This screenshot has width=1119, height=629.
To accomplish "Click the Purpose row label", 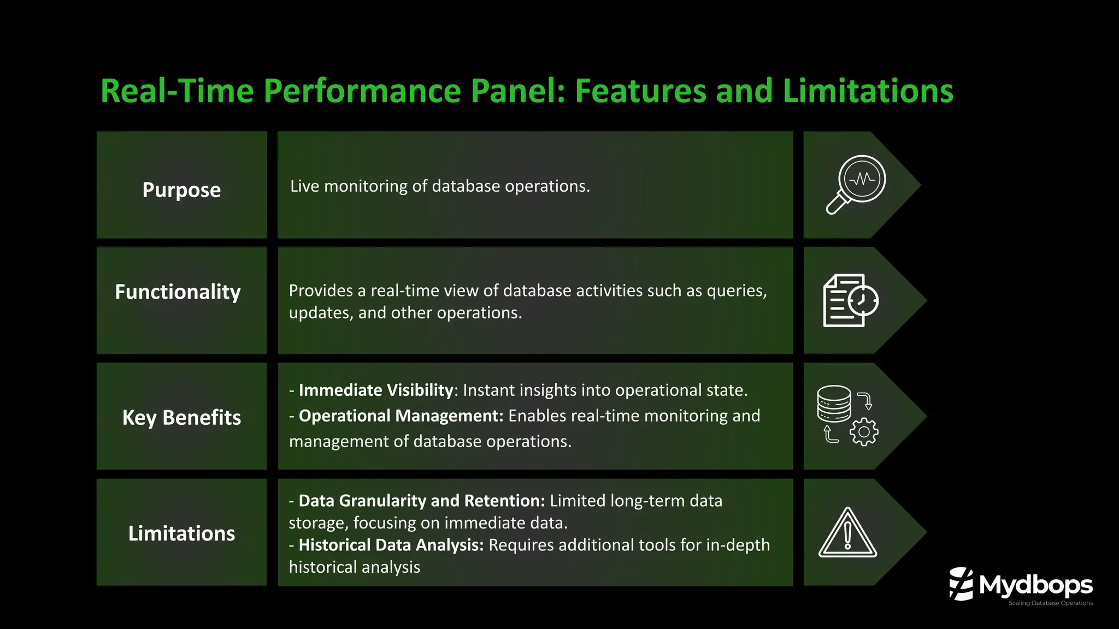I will (x=181, y=190).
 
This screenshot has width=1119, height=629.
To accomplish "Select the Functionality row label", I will (x=178, y=292).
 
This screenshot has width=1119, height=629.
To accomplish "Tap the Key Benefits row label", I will (x=181, y=418).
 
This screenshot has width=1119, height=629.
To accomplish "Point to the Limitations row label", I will (x=181, y=533).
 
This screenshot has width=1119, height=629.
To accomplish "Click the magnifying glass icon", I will (x=856, y=184).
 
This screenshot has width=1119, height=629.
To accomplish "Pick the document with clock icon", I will (x=850, y=300).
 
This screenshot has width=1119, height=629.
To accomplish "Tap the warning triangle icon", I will (x=847, y=533).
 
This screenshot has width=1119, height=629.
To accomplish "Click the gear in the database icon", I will (x=864, y=432).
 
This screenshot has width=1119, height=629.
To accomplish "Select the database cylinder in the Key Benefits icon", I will (x=834, y=403).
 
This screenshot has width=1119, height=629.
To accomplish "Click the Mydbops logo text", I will (x=1035, y=585).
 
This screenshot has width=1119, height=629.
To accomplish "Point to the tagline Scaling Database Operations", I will (x=1050, y=603).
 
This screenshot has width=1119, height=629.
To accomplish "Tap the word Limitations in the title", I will (x=868, y=91).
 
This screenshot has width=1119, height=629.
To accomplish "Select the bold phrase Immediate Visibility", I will (x=376, y=390).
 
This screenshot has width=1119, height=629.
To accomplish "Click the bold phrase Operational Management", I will (x=401, y=416).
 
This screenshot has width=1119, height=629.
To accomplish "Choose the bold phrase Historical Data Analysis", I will (x=391, y=545).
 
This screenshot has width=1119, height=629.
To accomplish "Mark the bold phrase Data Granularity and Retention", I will (x=421, y=501).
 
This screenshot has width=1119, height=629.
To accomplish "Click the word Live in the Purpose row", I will (x=304, y=186).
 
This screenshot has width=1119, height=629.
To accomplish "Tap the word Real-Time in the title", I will (x=177, y=91).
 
